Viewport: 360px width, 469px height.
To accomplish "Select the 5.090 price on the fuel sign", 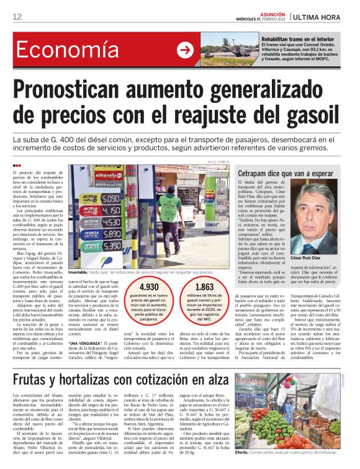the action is click(110, 199).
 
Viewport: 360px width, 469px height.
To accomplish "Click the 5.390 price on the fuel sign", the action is click(110, 246).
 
